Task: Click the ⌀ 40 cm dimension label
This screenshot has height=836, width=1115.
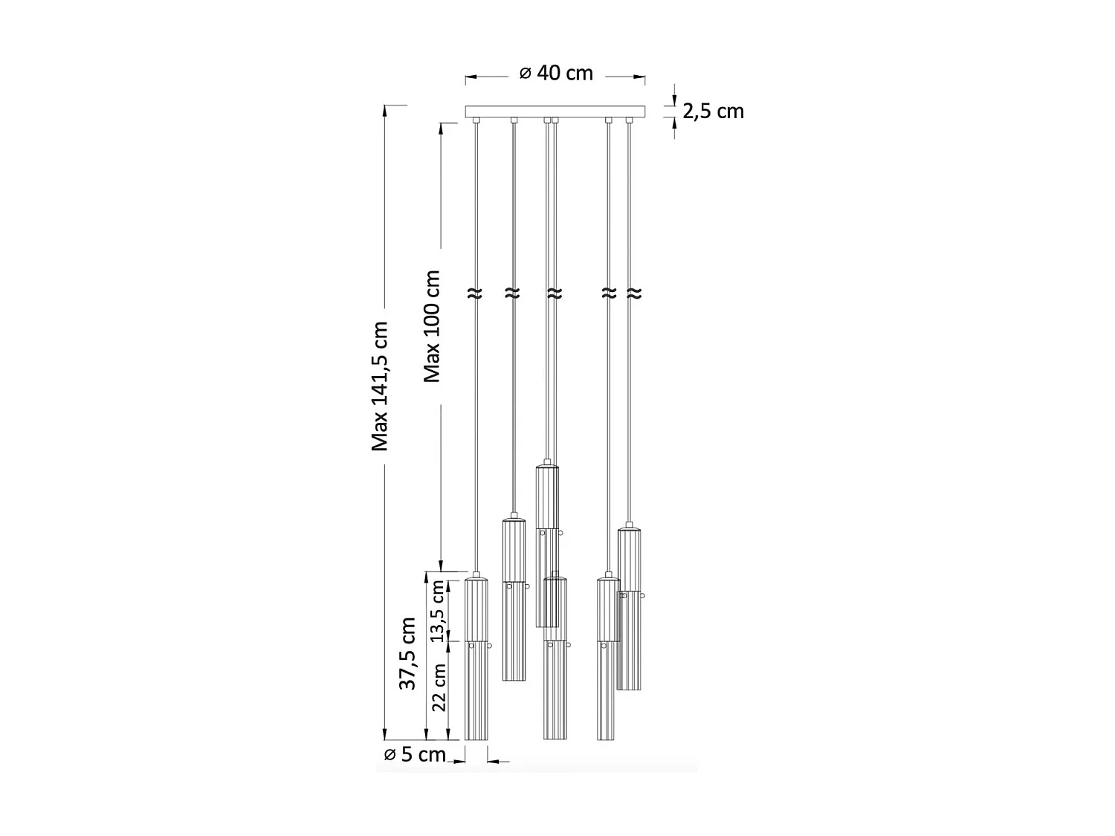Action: coord(556,74)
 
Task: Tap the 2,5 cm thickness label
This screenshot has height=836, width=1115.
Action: coord(713,111)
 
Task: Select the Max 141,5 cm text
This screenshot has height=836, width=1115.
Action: coord(379,386)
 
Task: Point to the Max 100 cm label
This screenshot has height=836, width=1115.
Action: coord(432,326)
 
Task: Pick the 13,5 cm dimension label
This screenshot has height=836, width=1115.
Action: coord(437,611)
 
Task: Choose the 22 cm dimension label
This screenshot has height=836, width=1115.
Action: coord(439,688)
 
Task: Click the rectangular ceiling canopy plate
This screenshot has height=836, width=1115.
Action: coord(555,111)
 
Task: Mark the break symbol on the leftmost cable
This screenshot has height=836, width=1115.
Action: coord(475,294)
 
